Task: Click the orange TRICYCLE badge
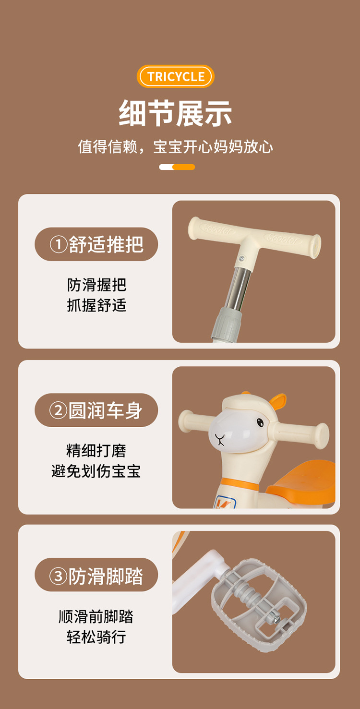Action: tap(175, 76)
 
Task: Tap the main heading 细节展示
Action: tap(175, 113)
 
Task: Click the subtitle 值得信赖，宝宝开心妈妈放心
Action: tap(175, 146)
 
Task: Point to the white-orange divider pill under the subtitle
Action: tap(177, 167)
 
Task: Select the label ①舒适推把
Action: tap(96, 244)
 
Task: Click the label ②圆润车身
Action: tap(96, 410)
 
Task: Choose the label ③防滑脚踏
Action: tap(96, 576)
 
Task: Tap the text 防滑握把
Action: tap(96, 285)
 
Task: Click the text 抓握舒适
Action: tap(96, 305)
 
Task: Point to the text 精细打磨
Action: tap(96, 450)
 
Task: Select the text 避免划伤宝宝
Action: tap(96, 471)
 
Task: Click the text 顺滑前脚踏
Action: tap(96, 616)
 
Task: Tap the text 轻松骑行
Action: tap(96, 637)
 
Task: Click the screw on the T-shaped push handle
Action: tap(241, 258)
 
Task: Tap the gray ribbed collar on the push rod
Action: tap(228, 324)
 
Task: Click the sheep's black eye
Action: tap(260, 422)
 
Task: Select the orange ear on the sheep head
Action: tap(277, 401)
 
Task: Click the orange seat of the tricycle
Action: tap(302, 484)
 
